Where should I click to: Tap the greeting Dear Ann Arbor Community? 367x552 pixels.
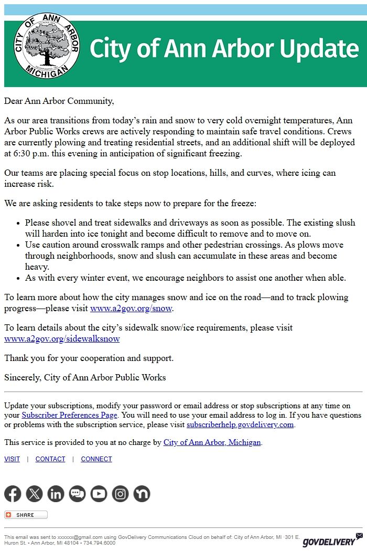[x=59, y=101]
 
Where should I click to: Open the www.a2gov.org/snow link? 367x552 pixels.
[x=131, y=309]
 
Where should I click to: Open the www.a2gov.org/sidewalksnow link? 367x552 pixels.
[x=62, y=339]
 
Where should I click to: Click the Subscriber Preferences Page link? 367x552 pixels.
[x=69, y=415]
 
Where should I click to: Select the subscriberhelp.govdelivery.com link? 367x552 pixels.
[x=240, y=424]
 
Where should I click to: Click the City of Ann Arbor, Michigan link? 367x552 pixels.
[x=212, y=442]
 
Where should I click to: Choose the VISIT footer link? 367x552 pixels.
[x=12, y=459]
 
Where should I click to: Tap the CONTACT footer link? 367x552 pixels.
[x=50, y=459]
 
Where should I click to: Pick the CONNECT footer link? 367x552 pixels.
[x=96, y=459]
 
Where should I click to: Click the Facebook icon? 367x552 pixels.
[x=13, y=494]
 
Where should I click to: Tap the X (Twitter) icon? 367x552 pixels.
[x=34, y=494]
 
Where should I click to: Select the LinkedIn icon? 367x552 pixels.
[x=56, y=494]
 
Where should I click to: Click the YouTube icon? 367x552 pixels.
[x=99, y=494]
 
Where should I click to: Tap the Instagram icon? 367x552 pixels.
[x=120, y=494]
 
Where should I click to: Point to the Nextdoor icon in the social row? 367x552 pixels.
[x=142, y=494]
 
